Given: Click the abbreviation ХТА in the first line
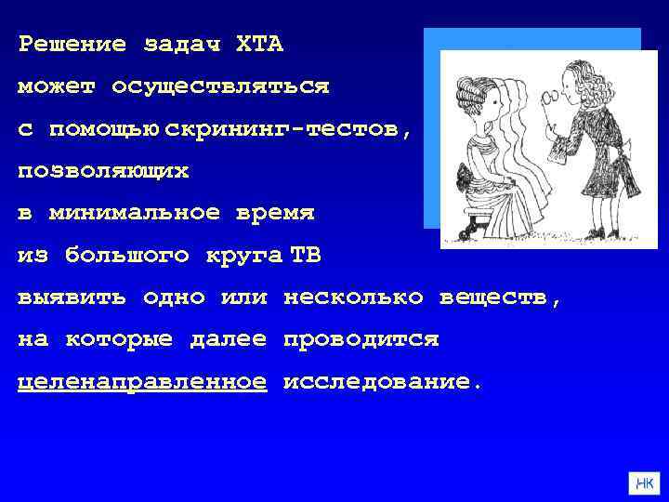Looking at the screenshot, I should point(260,44).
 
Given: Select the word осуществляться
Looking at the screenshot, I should point(220,86).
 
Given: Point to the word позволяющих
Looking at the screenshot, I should point(103,171).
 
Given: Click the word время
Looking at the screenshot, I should point(276,213).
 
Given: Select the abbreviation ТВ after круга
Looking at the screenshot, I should point(306,255).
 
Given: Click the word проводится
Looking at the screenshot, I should point(361,340).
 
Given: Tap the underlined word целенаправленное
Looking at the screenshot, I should point(142,382).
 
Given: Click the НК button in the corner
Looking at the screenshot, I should point(643,483).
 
